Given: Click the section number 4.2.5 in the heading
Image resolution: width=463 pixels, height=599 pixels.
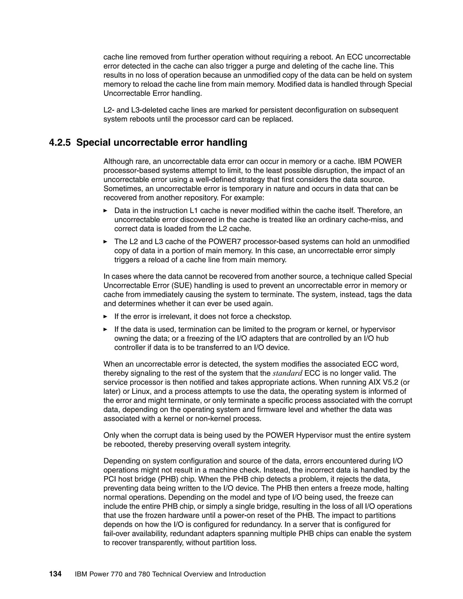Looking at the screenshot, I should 60,143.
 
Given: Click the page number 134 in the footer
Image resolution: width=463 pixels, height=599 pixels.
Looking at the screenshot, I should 55,574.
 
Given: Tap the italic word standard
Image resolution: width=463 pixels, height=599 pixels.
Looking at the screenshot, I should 288,373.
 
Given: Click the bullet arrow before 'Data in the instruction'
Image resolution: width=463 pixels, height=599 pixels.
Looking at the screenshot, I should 105,211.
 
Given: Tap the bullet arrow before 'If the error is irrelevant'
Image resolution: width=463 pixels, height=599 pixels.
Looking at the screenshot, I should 105,316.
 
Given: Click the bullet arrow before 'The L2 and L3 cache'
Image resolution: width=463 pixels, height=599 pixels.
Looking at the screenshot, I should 105,242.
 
